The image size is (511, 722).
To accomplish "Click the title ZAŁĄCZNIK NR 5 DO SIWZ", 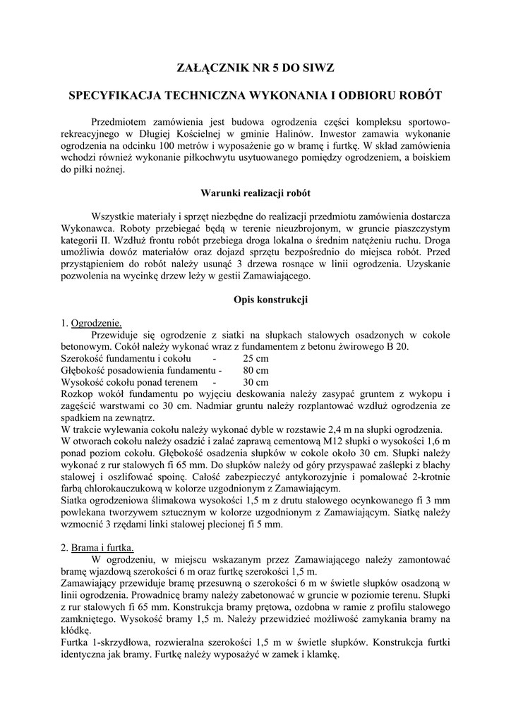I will [255, 68].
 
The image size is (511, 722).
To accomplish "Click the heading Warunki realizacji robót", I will [255, 192].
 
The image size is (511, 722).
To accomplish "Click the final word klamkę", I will [322, 654].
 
